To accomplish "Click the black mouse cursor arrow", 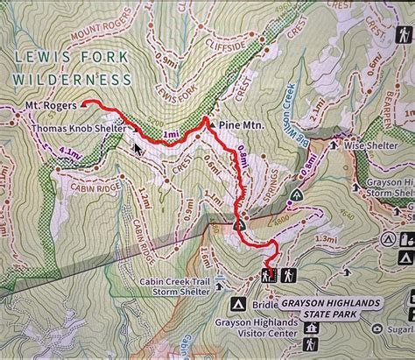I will pyautogui.click(x=137, y=148).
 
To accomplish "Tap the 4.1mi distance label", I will pyautogui.click(x=73, y=153).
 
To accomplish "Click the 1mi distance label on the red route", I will pyautogui.click(x=172, y=134).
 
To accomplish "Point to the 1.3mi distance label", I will pyautogui.click(x=325, y=238).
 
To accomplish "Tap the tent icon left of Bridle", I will pyautogui.click(x=236, y=303).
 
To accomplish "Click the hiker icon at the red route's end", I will pyautogui.click(x=267, y=276).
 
